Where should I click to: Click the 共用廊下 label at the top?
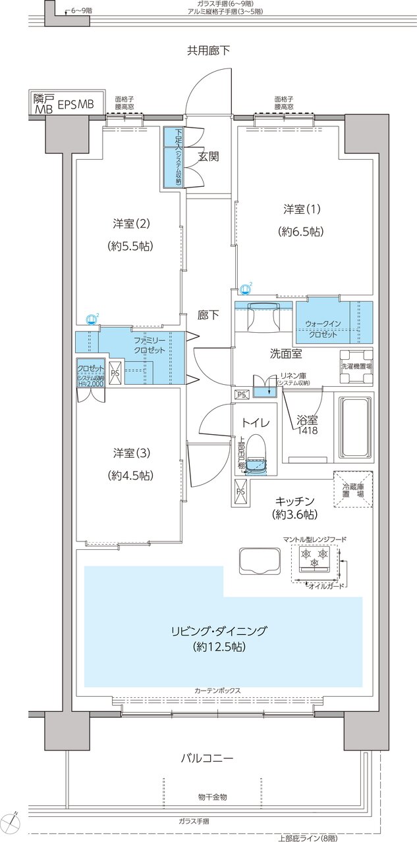pyautogui.click(x=208, y=50)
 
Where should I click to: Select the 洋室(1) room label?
pyautogui.click(x=302, y=209)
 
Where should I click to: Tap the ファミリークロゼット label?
pyautogui.click(x=150, y=345)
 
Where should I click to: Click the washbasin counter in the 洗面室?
pyautogui.click(x=264, y=315)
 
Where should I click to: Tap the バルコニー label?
pyautogui.click(x=208, y=758)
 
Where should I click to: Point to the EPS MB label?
pyautogui.click(x=76, y=105)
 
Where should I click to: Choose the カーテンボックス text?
pyautogui.click(x=217, y=691)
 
